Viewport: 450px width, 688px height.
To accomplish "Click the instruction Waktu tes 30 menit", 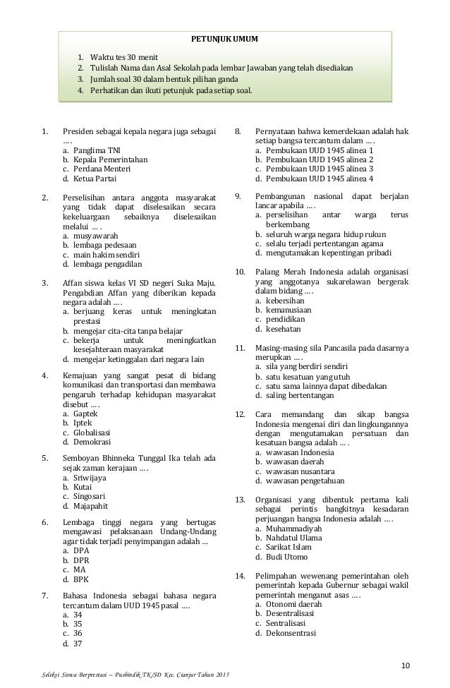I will point(121,57).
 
